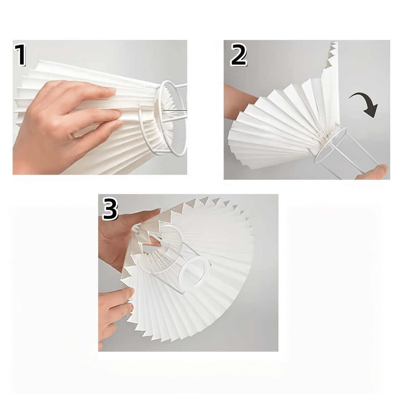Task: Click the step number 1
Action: point(20,55)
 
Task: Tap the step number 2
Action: point(238,55)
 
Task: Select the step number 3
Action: point(110,208)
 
